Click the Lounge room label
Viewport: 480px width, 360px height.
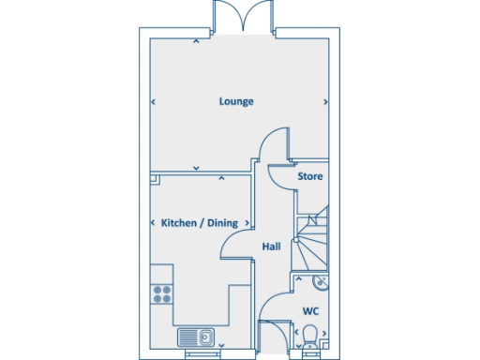pos(236,101)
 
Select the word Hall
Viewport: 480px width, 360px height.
pos(271,247)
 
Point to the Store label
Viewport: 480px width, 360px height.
pos(310,176)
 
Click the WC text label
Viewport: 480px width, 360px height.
pos(309,310)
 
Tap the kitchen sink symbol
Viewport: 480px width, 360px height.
pos(196,337)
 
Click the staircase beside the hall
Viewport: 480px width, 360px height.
pos(311,239)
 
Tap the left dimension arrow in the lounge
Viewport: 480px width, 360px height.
pos(152,101)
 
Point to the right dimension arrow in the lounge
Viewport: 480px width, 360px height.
pos(324,101)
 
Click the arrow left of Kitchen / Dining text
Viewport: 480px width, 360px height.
pos(153,223)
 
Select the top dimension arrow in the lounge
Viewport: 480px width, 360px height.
pos(195,40)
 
